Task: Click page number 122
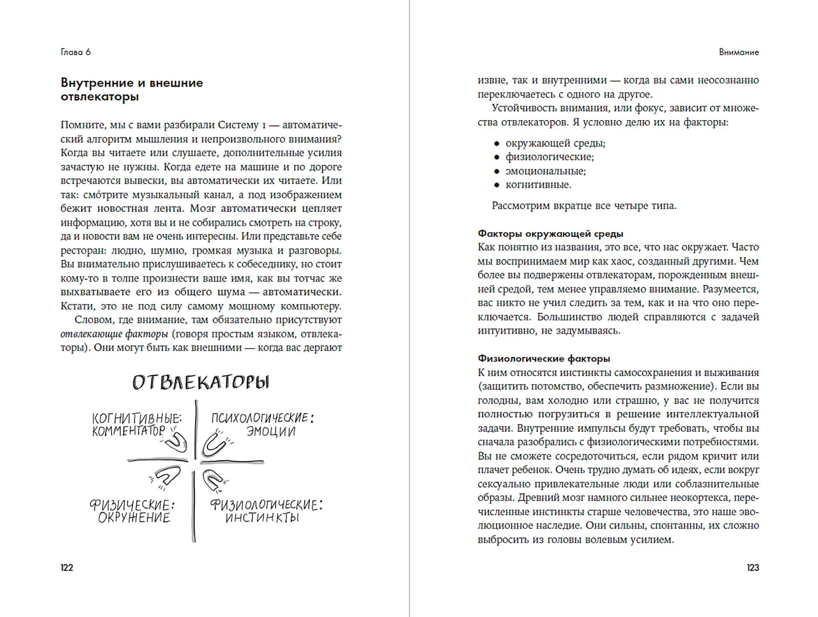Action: tap(67, 568)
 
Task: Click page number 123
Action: tap(752, 568)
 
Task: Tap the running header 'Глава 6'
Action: tap(75, 52)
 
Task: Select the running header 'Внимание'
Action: tap(739, 52)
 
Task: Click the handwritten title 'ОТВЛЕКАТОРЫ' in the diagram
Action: tap(201, 383)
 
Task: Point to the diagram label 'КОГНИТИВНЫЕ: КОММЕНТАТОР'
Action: tap(137, 424)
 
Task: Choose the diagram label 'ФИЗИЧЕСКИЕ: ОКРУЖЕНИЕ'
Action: tap(133, 511)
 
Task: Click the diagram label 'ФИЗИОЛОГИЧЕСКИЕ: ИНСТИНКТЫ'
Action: tap(266, 511)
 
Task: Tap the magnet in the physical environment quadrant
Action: tap(167, 477)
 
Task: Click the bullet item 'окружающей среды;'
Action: tap(555, 143)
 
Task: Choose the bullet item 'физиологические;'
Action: tap(549, 157)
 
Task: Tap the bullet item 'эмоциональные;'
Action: tap(545, 171)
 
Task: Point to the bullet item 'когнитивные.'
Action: tap(538, 185)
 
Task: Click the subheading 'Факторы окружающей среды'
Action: tap(551, 234)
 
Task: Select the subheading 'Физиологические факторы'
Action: tap(544, 359)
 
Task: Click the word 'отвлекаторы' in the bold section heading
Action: tap(100, 97)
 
